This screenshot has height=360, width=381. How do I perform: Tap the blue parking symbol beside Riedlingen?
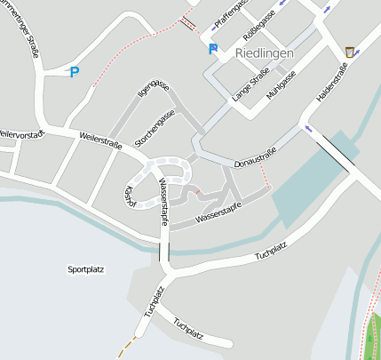[x=212, y=50]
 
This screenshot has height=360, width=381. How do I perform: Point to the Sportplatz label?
[x=86, y=268]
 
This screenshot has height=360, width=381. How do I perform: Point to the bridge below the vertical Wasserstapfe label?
[x=164, y=251]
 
